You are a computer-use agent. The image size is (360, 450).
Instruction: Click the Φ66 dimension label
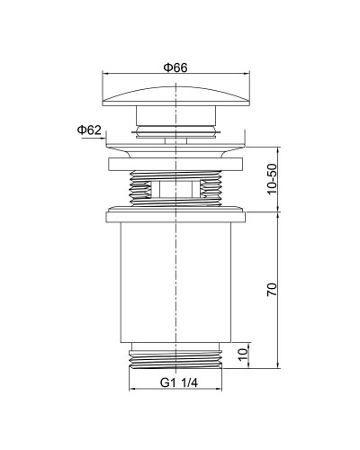[x=175, y=67]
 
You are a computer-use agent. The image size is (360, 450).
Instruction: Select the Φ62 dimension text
[x=89, y=130]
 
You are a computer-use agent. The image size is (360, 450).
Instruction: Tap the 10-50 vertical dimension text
[x=272, y=179]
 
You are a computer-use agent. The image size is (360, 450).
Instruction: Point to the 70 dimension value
[x=272, y=289]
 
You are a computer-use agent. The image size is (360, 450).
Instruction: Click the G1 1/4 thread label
[x=179, y=382]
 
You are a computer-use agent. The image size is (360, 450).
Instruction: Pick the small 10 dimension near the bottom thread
[x=244, y=355]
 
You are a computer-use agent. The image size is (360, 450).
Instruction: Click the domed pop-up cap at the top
[x=176, y=96]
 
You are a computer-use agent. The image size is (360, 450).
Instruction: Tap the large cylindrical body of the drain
[x=175, y=283]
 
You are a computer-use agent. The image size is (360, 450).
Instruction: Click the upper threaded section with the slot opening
[x=175, y=189]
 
